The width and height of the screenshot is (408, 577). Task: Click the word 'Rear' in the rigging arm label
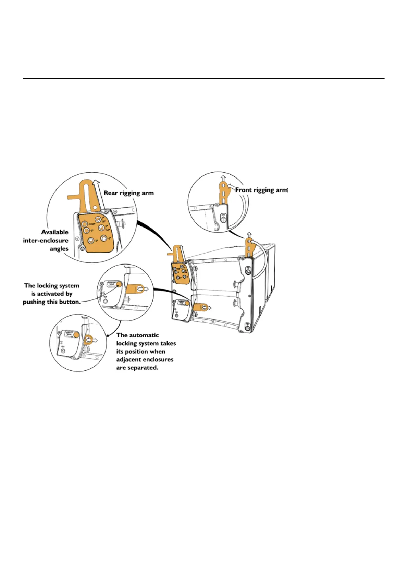click(x=111, y=193)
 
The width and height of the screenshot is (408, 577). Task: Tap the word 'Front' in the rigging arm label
click(x=244, y=190)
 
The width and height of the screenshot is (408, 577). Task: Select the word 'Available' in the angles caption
click(x=55, y=232)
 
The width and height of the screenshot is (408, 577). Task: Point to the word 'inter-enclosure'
click(x=46, y=241)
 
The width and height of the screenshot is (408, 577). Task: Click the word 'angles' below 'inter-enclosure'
click(x=59, y=249)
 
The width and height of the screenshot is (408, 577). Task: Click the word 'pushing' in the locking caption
click(x=34, y=302)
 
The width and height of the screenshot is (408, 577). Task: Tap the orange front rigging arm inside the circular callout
click(x=223, y=194)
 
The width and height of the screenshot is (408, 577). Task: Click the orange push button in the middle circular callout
click(x=119, y=284)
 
